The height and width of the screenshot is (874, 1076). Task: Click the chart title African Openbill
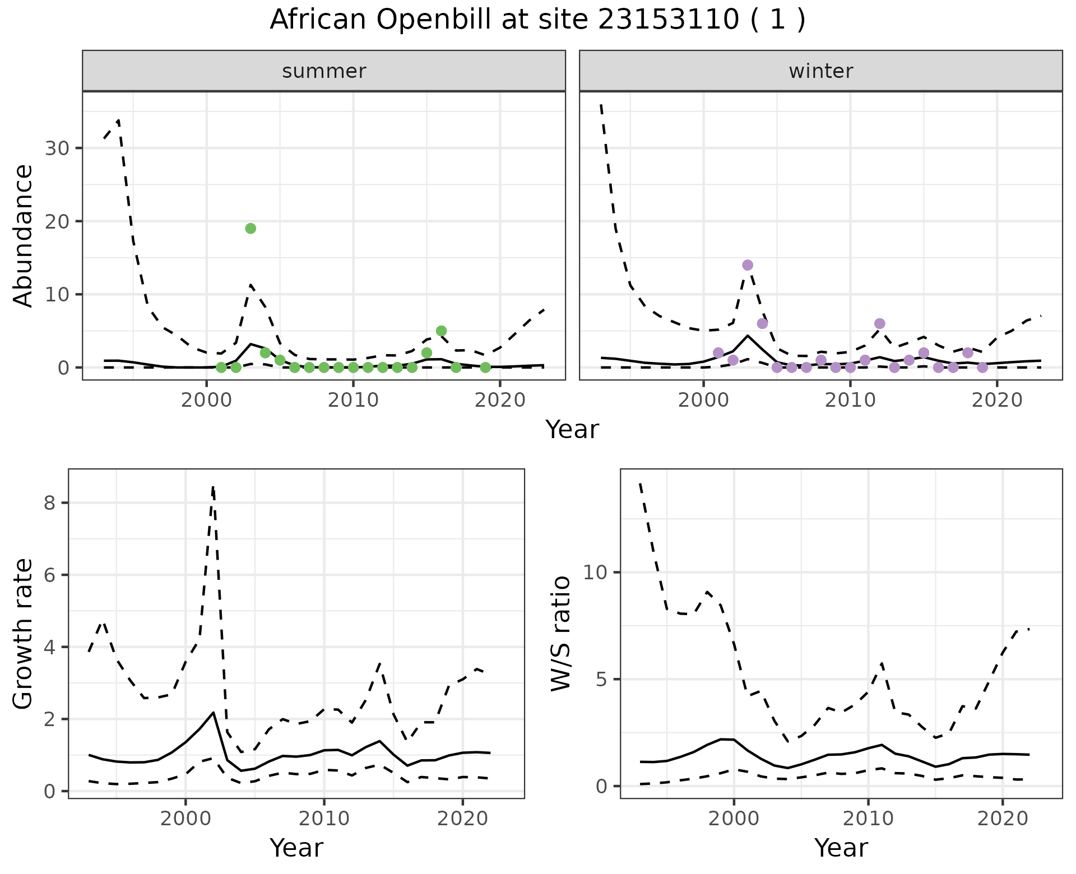(537, 20)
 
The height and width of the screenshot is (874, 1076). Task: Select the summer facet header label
(324, 71)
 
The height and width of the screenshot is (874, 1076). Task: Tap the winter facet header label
(820, 71)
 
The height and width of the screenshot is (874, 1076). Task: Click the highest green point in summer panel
(251, 228)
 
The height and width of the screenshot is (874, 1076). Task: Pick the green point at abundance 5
(441, 331)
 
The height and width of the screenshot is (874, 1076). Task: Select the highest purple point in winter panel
(748, 265)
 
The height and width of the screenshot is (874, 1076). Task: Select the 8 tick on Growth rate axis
(50, 503)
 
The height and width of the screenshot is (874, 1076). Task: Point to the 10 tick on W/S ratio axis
(595, 573)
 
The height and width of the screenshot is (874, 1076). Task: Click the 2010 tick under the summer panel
(353, 400)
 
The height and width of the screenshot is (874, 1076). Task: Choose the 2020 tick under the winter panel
(997, 400)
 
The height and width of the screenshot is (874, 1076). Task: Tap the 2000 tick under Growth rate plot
(185, 818)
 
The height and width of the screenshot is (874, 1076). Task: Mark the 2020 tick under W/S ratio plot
(1003, 818)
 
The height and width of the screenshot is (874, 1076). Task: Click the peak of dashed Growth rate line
(213, 487)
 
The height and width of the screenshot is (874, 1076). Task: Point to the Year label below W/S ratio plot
(841, 848)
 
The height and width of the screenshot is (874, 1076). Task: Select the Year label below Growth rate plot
(296, 848)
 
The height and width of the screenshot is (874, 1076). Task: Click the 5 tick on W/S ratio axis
(601, 680)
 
